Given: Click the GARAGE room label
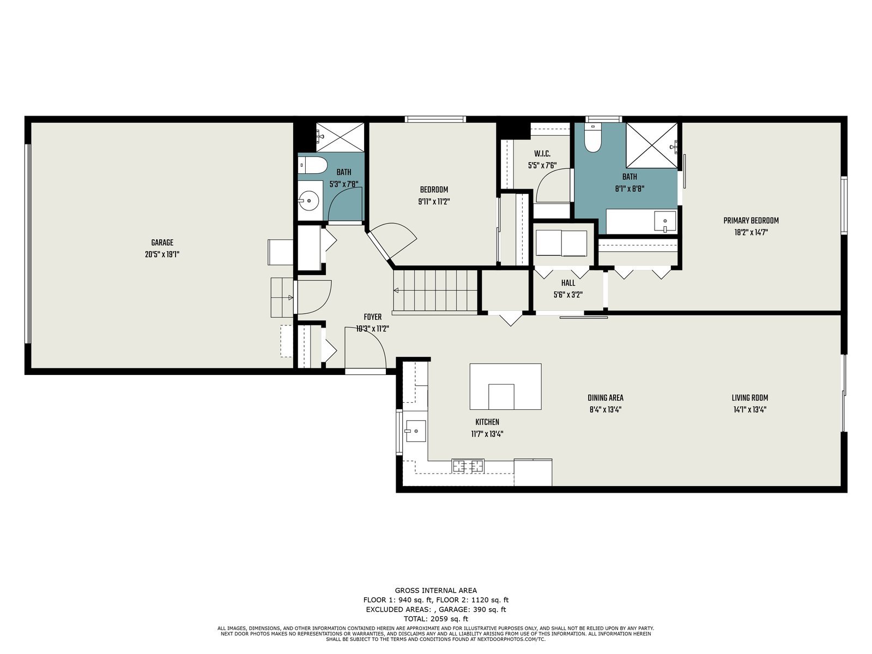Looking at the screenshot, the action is [x=162, y=243].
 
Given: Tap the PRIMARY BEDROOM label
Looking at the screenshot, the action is [x=751, y=220].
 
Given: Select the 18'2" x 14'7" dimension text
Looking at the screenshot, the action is [x=751, y=232].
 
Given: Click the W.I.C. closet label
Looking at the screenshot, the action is [x=542, y=154].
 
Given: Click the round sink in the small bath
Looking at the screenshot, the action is [x=309, y=201].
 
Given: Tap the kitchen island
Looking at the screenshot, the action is [x=505, y=386].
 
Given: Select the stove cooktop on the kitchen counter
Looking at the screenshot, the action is [x=468, y=466].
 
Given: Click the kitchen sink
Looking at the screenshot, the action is [x=415, y=431].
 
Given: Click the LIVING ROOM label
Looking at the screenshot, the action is [x=749, y=397].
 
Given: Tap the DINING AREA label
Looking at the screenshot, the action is [x=605, y=397].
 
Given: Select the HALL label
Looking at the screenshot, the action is [x=568, y=283].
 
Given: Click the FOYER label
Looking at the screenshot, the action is [x=373, y=317].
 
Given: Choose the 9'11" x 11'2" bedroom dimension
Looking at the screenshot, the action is [x=434, y=202].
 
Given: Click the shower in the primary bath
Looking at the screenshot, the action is [x=652, y=146].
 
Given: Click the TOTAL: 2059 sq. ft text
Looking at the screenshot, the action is [x=436, y=619].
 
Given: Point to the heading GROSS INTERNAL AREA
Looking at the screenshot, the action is [x=436, y=590].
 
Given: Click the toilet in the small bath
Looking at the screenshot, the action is [x=313, y=165].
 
